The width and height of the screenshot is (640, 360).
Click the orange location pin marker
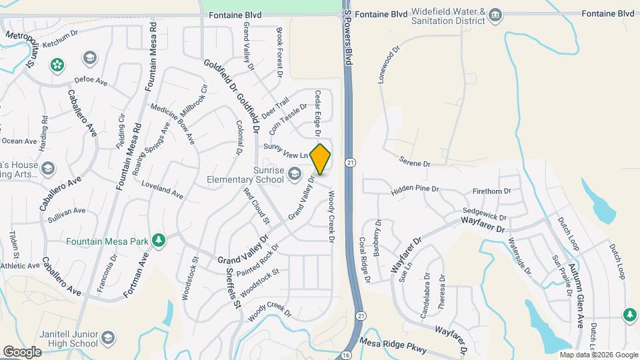coord(321,159)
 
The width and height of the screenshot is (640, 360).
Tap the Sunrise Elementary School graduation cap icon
coord(294,175)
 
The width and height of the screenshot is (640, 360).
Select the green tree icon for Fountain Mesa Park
coord(158,240)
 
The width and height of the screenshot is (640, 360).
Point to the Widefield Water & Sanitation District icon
coord(495,15)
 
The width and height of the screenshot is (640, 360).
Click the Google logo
coord(22,351)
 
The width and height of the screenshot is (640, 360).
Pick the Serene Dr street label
coord(415,161)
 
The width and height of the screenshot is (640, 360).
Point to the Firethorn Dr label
coord(491,191)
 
